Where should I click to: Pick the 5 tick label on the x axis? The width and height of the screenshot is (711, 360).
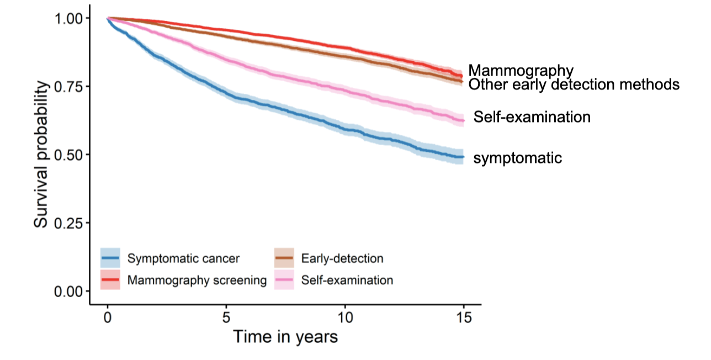point(226,319)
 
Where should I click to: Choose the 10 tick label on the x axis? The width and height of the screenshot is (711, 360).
point(345,319)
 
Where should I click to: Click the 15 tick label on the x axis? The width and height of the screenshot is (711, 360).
point(464,319)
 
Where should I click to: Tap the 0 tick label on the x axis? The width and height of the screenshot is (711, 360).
point(108,319)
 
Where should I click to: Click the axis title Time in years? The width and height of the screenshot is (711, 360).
point(285,337)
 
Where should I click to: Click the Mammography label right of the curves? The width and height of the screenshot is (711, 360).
point(521,70)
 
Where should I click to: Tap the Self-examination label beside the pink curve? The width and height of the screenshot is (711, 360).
point(532,117)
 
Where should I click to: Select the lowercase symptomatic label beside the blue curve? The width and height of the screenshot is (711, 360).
point(518,158)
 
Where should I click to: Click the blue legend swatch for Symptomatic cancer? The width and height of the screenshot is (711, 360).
point(110,258)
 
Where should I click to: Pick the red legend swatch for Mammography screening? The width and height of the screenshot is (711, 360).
point(110,280)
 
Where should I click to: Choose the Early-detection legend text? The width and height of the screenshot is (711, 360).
point(342,258)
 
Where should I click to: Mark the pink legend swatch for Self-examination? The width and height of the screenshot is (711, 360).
point(284,280)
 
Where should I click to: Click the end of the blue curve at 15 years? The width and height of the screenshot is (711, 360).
point(463,157)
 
